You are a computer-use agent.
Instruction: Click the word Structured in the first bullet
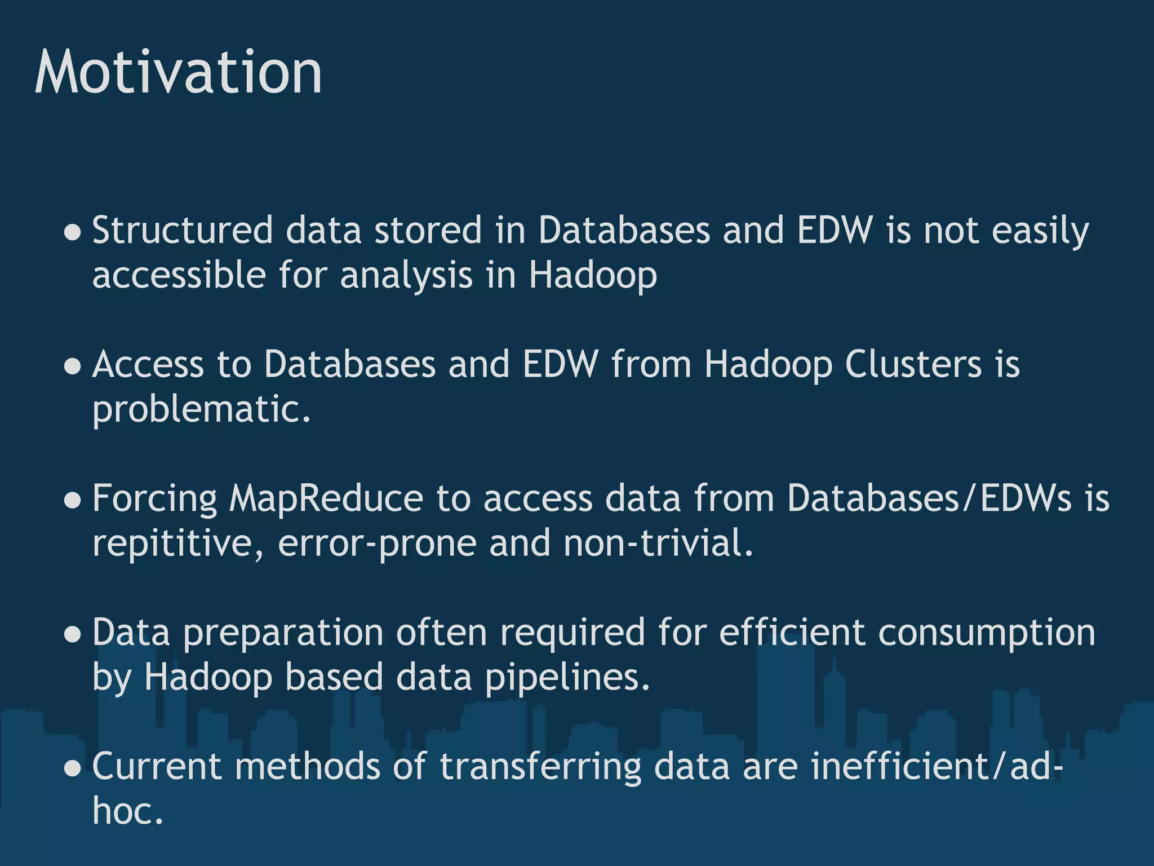tap(183, 231)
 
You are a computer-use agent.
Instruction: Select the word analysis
tap(406, 276)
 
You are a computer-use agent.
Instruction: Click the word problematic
tap(201, 409)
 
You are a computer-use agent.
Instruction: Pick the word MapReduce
tap(326, 499)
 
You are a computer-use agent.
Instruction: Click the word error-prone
tap(377, 544)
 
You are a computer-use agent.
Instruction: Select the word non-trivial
tap(658, 544)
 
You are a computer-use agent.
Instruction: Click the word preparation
tap(283, 633)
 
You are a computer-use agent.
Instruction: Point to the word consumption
tap(986, 633)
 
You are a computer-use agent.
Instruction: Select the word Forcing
tap(154, 499)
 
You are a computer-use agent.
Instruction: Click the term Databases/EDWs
tap(929, 499)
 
